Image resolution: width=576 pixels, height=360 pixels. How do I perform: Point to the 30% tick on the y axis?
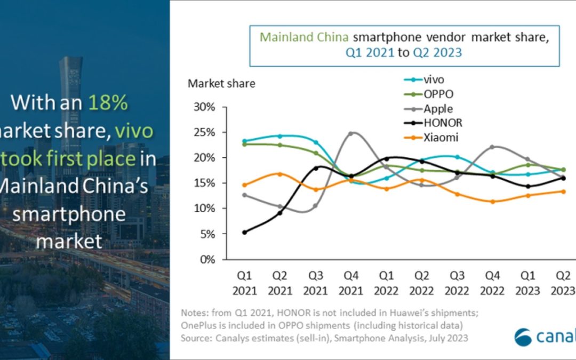pos(204,107)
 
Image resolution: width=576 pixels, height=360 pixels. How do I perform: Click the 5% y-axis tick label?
pos(206,234)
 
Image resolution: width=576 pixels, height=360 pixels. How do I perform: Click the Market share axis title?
pos(221,84)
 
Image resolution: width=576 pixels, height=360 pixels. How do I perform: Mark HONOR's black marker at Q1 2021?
pos(245,232)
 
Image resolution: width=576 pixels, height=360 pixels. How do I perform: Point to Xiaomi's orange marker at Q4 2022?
pos(493,202)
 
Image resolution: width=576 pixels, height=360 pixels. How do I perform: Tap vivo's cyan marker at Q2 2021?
pos(280,136)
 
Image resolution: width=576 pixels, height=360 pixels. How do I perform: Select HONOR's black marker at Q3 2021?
pos(316,168)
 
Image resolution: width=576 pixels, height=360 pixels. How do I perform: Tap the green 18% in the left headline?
pos(109,102)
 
